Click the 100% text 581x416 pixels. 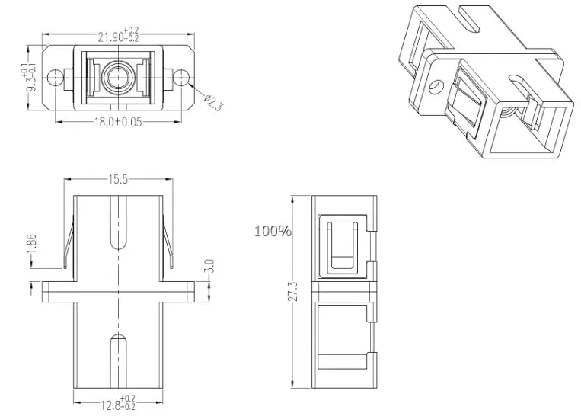click(273, 230)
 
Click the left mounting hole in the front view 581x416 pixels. click(54, 77)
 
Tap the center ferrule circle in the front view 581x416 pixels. click(118, 77)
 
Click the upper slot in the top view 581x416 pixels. click(118, 222)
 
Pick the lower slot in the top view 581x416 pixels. click(118, 360)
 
